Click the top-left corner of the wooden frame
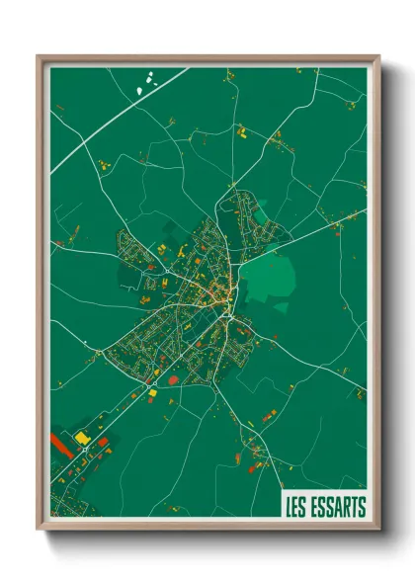coord(40,56)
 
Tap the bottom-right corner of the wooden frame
coord(378,531)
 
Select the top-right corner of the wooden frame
coord(378,56)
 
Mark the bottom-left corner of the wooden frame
coord(40,531)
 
